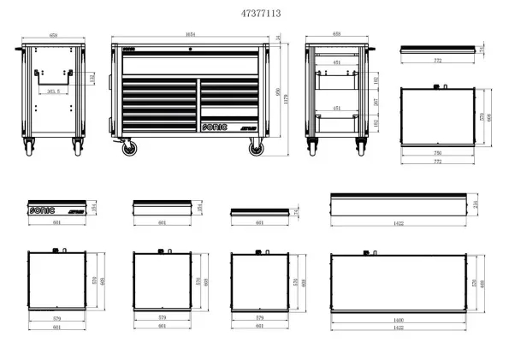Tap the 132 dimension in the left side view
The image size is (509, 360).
[x=92, y=78]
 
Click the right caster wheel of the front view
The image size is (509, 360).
[x=256, y=148]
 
